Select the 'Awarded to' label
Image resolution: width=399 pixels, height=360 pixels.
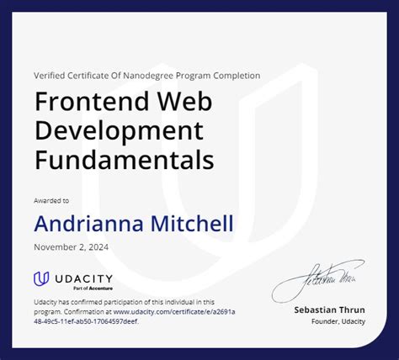[51, 201]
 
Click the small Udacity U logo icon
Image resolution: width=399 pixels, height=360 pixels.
[41, 279]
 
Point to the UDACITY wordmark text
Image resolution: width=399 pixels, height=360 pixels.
[83, 278]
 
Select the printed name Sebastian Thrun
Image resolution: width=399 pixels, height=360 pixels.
[329, 310]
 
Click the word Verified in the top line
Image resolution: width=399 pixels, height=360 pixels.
[50, 76]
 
